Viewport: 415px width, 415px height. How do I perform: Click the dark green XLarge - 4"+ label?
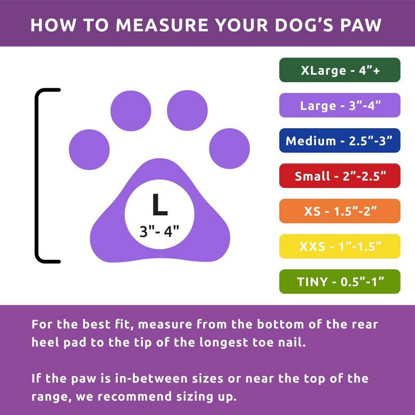(340, 70)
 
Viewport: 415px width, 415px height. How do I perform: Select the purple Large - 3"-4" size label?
(340, 105)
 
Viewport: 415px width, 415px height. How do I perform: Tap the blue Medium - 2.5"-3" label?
(340, 141)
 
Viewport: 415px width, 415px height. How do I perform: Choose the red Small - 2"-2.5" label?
(340, 176)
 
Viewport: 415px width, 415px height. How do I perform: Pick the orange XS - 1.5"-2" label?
(340, 211)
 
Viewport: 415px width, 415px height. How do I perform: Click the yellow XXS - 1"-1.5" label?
(340, 246)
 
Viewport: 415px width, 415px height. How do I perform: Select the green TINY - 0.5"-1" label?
(340, 282)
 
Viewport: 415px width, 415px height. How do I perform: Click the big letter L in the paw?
(160, 205)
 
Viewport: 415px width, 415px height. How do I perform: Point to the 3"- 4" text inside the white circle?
(160, 230)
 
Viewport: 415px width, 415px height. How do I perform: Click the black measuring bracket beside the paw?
(37, 175)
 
